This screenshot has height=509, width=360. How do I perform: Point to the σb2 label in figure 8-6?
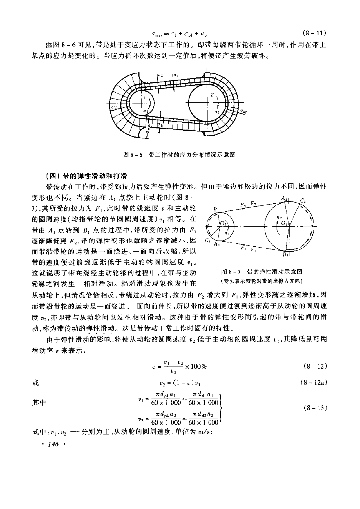243,111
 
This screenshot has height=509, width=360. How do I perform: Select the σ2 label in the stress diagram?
160,75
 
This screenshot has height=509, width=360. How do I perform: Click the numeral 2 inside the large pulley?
212,95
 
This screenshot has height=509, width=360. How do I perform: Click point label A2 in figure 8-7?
284,198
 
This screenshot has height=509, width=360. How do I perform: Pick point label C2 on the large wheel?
303,201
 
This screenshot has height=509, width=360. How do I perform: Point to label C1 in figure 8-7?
207,240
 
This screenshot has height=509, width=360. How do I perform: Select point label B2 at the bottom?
285,255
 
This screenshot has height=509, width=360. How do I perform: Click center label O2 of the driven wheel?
284,223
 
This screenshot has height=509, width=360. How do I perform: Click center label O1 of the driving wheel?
222,223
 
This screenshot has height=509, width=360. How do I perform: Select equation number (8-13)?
315,408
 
